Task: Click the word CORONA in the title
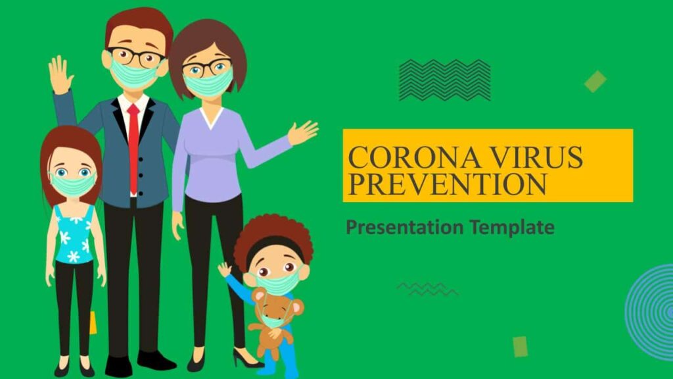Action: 414,157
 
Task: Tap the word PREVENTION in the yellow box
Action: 447,184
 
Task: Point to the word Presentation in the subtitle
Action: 405,227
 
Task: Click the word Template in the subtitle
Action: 511,227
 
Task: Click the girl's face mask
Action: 72,184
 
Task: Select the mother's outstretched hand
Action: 302,132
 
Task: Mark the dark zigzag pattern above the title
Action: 445,80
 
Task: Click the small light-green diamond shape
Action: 595,81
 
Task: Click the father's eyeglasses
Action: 137,57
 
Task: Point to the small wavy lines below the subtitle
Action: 427,290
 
